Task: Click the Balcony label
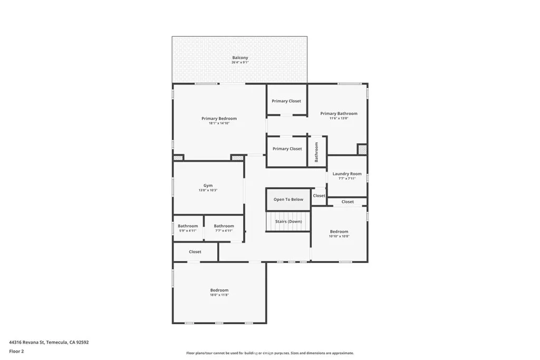pyautogui.click(x=240, y=57)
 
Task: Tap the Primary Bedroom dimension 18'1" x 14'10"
pyautogui.click(x=219, y=123)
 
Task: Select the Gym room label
pyautogui.click(x=208, y=186)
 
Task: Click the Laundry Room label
pyautogui.click(x=347, y=174)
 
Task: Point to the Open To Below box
pyautogui.click(x=288, y=200)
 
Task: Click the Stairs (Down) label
pyautogui.click(x=288, y=221)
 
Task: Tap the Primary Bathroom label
pyautogui.click(x=339, y=113)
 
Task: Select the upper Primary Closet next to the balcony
pyautogui.click(x=286, y=101)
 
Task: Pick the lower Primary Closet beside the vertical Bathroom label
pyautogui.click(x=287, y=149)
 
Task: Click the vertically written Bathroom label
pyautogui.click(x=317, y=152)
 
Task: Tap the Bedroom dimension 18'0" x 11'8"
pyautogui.click(x=219, y=295)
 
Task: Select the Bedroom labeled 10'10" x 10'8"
pyautogui.click(x=339, y=231)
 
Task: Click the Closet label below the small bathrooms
pyautogui.click(x=195, y=252)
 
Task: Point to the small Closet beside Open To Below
pyautogui.click(x=319, y=196)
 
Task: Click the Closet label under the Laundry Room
pyautogui.click(x=348, y=202)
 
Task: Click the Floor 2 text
pyautogui.click(x=17, y=351)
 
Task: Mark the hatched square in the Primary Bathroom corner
pyautogui.click(x=362, y=150)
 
